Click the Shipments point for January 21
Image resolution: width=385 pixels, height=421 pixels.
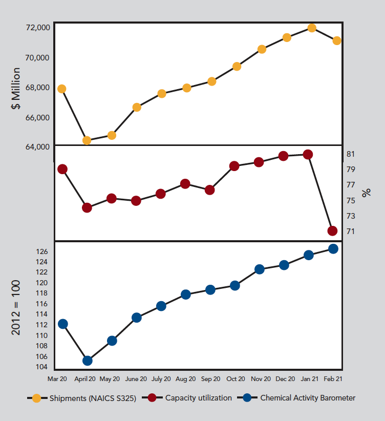[312, 28]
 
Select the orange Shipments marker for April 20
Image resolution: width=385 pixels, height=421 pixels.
[87, 140]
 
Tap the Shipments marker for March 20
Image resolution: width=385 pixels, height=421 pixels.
[62, 89]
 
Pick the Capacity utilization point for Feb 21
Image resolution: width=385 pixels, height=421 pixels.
[332, 231]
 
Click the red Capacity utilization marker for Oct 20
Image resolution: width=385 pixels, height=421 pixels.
[234, 166]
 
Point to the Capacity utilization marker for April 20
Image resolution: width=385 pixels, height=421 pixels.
[87, 208]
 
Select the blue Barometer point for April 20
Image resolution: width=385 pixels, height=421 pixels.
[87, 361]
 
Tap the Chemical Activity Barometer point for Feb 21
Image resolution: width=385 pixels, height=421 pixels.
[333, 249]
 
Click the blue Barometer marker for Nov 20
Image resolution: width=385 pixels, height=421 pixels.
[259, 269]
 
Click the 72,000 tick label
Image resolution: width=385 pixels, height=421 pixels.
[37, 27]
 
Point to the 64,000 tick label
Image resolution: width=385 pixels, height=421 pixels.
[37, 146]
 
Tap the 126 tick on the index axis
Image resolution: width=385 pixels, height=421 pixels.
[42, 251]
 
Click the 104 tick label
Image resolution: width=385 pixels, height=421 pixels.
[42, 367]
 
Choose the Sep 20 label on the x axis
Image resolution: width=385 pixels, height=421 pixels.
[210, 379]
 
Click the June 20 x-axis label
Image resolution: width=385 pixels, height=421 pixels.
[136, 379]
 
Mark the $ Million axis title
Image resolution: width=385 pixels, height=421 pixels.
[16, 89]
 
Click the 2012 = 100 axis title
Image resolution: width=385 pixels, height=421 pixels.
[16, 308]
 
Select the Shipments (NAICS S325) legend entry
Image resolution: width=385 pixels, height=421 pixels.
[93, 398]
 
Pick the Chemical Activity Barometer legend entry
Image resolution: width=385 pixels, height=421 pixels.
[308, 398]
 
